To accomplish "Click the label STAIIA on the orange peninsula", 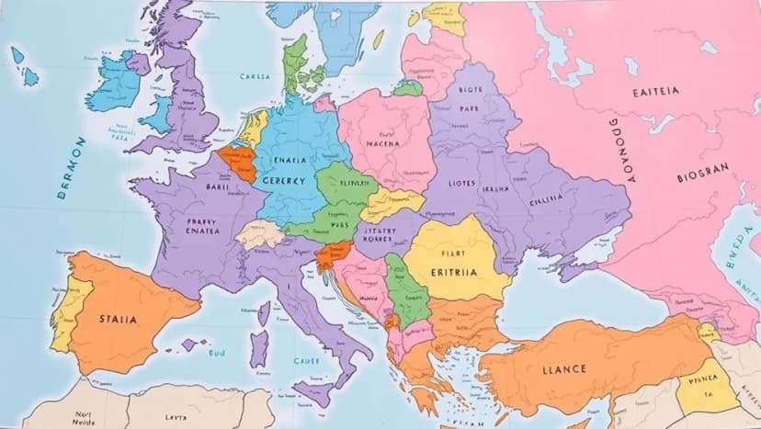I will pos(118,320).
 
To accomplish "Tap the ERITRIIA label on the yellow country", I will pos(454,273).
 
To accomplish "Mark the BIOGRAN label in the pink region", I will pos(702,170).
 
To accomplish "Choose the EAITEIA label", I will pos(657,92).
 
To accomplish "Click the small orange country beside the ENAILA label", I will pos(238,164).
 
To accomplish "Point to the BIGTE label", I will pos(469,90).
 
